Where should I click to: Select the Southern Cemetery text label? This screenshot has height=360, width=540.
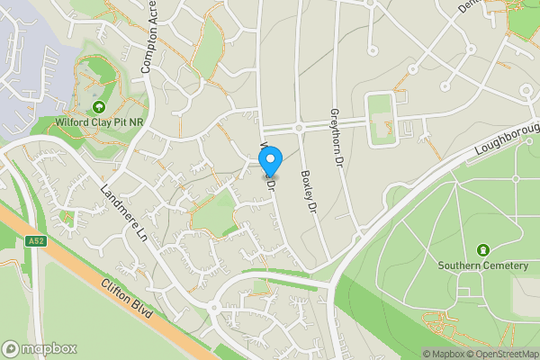coord(481,265)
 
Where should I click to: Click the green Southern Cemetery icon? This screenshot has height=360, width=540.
coord(481,249)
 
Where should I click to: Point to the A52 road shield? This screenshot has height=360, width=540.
coord(35,240)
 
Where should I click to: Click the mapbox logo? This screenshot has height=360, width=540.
coord(40,348)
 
